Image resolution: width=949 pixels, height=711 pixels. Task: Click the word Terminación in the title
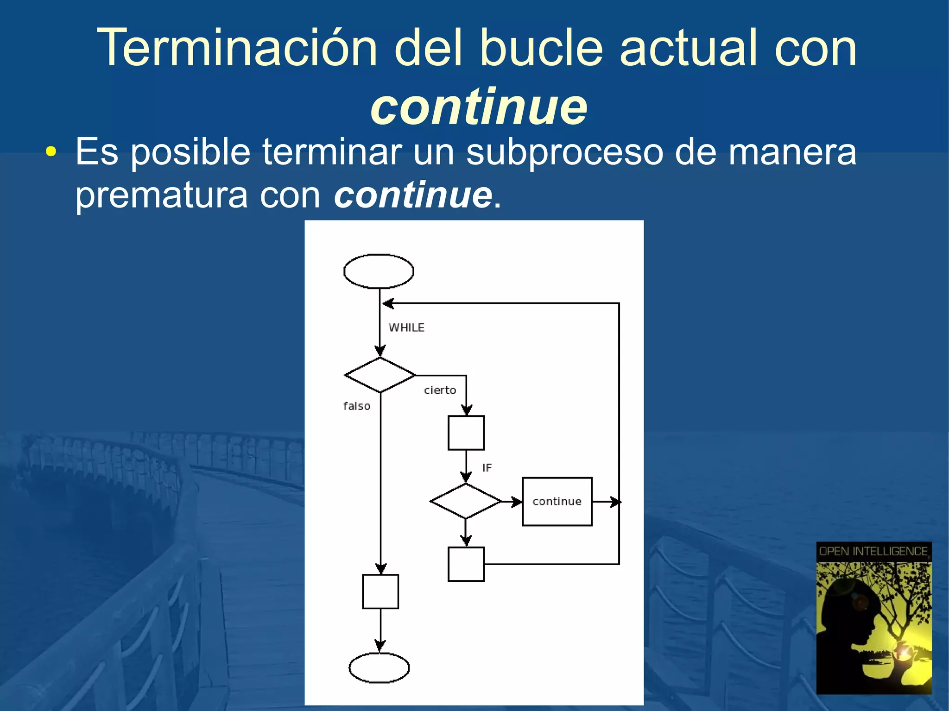coord(237,48)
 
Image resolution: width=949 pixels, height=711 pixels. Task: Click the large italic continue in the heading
coord(479,107)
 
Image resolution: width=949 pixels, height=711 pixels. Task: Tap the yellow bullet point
coord(51,151)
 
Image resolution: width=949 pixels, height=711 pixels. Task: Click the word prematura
coord(161,195)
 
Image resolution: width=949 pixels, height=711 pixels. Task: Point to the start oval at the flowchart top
coord(379,271)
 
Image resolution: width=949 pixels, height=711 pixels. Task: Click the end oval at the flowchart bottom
coord(379,667)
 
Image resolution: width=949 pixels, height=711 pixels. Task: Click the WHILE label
coord(406,327)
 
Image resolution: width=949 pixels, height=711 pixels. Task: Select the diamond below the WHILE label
coord(380,375)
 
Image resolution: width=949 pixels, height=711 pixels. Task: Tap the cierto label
coord(440,390)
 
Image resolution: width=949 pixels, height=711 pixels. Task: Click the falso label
coord(357,406)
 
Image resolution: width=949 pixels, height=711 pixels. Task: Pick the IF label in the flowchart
coord(487,468)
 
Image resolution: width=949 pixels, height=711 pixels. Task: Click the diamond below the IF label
coord(466,501)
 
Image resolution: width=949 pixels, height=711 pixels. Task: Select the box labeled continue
coord(557,502)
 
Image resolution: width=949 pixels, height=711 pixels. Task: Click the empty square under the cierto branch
coord(466,433)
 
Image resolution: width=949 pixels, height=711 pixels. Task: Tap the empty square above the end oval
coord(380,591)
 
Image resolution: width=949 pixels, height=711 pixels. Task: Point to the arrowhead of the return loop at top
coord(388,303)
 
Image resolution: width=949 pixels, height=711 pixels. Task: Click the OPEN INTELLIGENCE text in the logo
coord(873,551)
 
